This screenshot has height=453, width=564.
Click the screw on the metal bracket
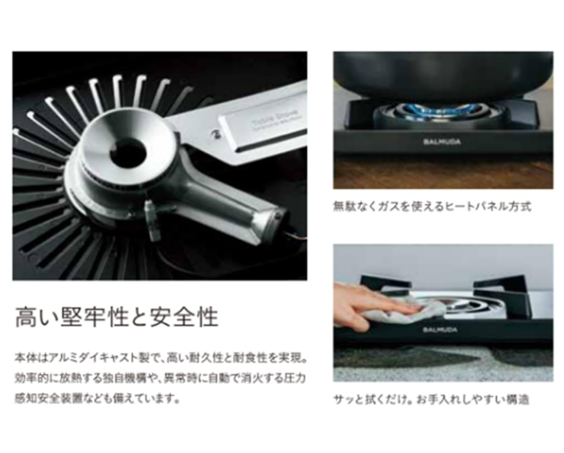[x=216, y=133]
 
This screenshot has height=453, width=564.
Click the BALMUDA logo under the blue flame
[x=442, y=141]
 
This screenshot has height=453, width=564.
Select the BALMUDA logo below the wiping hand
[x=440, y=330]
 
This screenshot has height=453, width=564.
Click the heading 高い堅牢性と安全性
[x=116, y=317]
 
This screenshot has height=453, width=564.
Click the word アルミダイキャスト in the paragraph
[x=94, y=358]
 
